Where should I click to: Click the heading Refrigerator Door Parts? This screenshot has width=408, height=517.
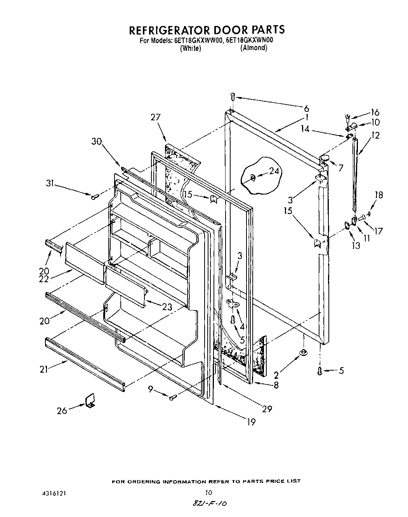point(207,30)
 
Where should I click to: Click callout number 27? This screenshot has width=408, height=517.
point(156,117)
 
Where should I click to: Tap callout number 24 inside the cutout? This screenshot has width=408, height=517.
point(274,171)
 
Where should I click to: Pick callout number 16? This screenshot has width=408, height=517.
point(375,112)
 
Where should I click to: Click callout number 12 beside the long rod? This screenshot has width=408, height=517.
point(375,135)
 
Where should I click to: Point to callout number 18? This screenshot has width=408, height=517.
point(378,195)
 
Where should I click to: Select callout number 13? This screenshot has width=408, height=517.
point(356,245)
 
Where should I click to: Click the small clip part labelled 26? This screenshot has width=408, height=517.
point(90,400)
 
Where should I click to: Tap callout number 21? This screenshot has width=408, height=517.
point(44,370)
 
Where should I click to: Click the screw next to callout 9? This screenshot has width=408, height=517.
point(173,397)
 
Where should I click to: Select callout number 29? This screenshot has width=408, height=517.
point(267,409)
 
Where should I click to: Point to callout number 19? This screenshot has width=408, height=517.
point(251,422)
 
